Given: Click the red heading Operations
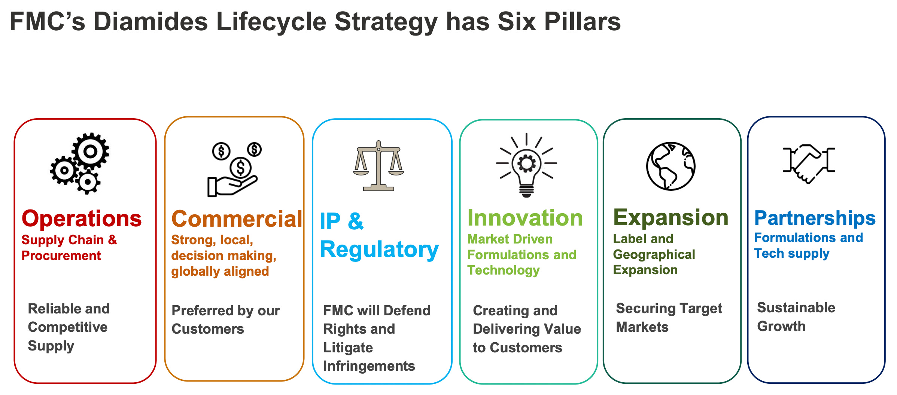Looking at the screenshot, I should [x=82, y=219].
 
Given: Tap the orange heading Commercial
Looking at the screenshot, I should [x=237, y=219].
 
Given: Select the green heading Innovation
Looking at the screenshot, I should [x=525, y=218].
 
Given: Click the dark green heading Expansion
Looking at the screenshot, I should [x=671, y=218].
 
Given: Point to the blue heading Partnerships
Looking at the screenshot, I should [x=815, y=218].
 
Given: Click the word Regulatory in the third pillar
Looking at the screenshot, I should [x=379, y=250].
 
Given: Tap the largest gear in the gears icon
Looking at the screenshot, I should [x=90, y=151].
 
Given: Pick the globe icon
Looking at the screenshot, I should [x=671, y=166].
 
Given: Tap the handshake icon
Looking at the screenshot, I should [x=809, y=163].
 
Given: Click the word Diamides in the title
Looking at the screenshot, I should [x=150, y=21].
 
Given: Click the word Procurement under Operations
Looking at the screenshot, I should [x=61, y=256].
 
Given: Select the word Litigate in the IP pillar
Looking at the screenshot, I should [x=348, y=348].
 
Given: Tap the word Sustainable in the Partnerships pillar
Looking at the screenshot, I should [x=796, y=308].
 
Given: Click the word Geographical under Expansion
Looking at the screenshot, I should [x=654, y=255].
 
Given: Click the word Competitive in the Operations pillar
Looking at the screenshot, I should [x=68, y=327].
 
